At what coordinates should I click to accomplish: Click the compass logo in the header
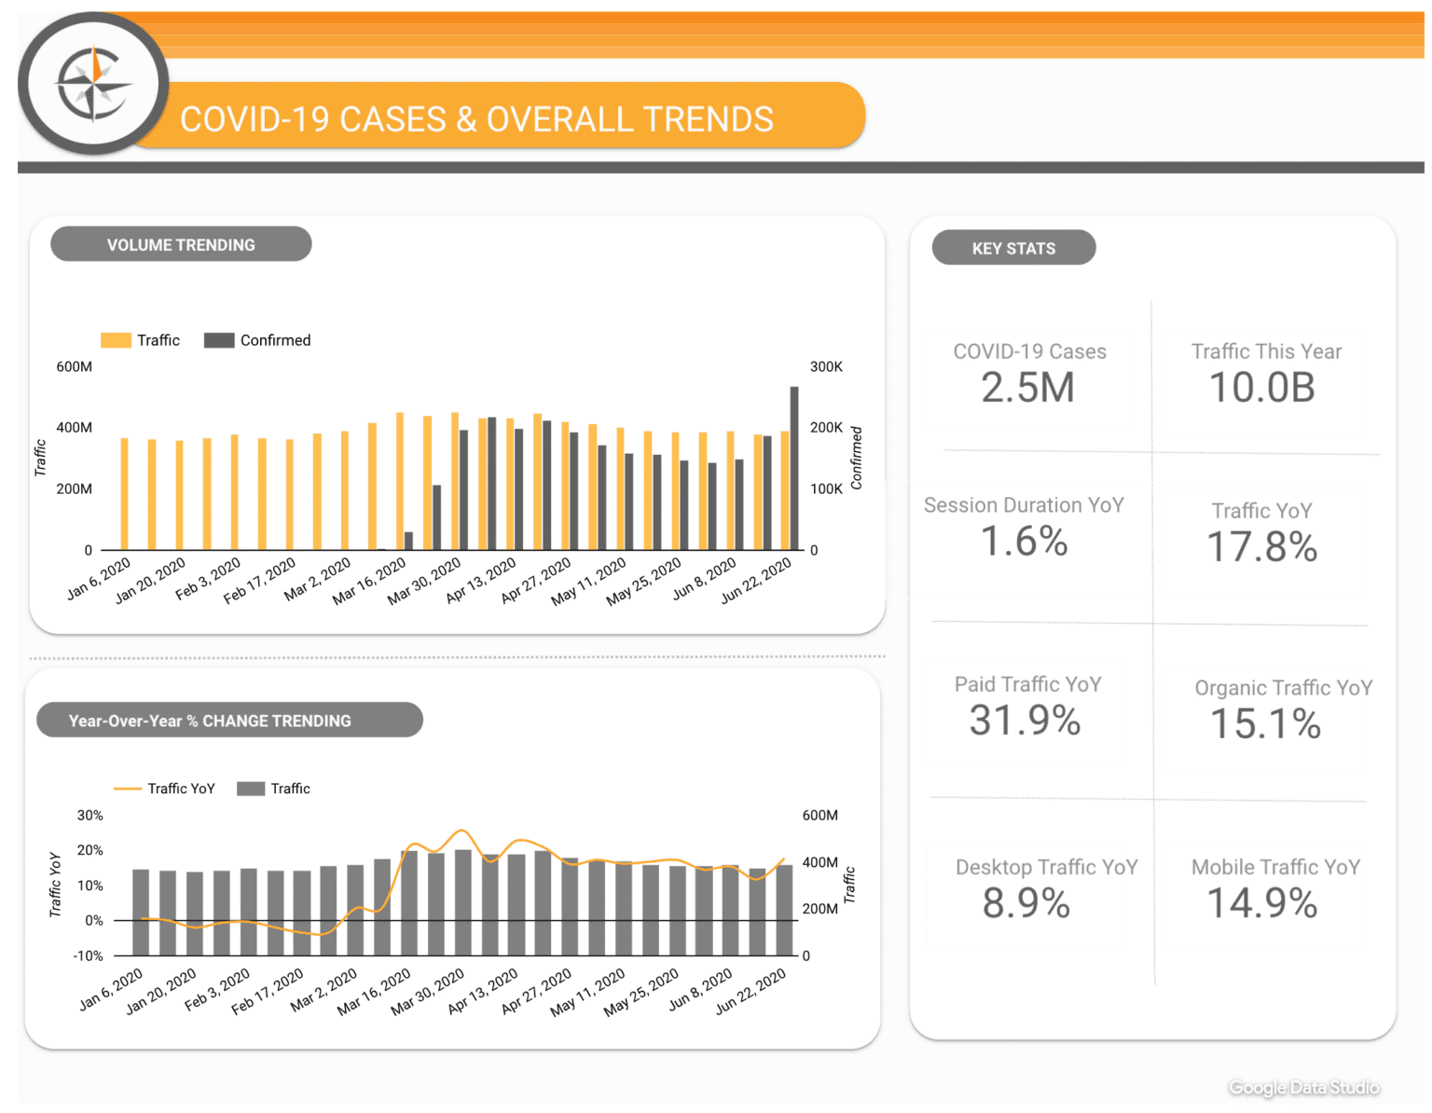(x=93, y=84)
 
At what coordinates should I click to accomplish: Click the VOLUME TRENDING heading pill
(x=181, y=244)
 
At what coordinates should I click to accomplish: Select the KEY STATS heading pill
(x=1013, y=248)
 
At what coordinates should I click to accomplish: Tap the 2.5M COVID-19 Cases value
(x=1028, y=388)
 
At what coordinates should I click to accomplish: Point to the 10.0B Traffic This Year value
(x=1262, y=388)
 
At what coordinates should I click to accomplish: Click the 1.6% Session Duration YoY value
(x=1024, y=542)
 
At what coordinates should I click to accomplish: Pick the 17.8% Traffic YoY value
(x=1262, y=547)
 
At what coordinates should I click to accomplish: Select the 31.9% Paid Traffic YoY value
(x=1026, y=721)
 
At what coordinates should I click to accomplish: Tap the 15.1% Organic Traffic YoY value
(x=1265, y=724)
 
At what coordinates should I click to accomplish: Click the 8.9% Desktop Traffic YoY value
(x=1026, y=903)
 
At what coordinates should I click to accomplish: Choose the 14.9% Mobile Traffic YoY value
(x=1262, y=903)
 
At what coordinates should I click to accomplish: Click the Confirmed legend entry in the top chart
(x=258, y=340)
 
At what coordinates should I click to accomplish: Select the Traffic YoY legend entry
(x=165, y=789)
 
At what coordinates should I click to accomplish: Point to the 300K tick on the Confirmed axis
(x=826, y=367)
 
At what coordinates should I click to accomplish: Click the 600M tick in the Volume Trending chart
(x=75, y=367)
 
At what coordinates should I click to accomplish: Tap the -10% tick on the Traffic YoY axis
(x=89, y=956)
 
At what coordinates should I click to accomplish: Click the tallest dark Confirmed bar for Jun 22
(x=794, y=468)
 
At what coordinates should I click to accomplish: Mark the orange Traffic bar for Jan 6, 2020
(x=125, y=494)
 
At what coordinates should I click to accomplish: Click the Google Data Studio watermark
(x=1303, y=1088)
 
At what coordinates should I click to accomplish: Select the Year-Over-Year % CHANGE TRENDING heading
(x=210, y=721)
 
